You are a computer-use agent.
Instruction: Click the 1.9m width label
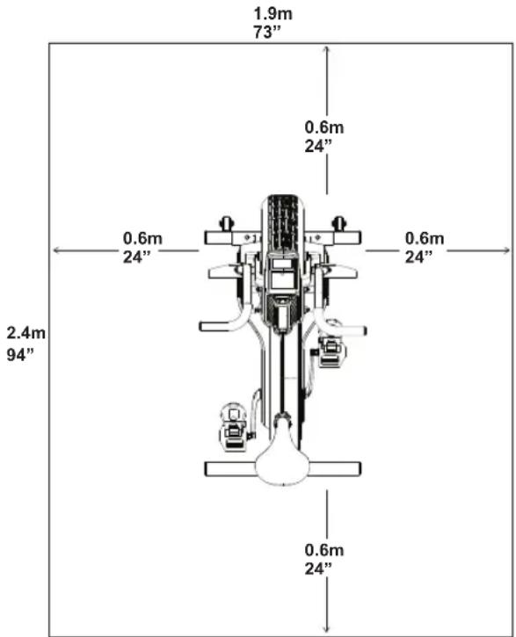point(273,13)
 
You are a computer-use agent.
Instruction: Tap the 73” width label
point(267,33)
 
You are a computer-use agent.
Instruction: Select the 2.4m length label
point(26,333)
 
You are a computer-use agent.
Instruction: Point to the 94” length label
point(20,354)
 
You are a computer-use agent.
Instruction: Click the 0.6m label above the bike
point(324,127)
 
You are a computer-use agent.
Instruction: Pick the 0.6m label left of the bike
point(142,238)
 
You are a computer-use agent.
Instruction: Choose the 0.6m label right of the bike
point(425,238)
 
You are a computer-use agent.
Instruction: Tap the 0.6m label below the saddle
point(324,550)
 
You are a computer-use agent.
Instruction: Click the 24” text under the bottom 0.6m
point(318,568)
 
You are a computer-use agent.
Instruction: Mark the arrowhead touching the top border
point(327,49)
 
